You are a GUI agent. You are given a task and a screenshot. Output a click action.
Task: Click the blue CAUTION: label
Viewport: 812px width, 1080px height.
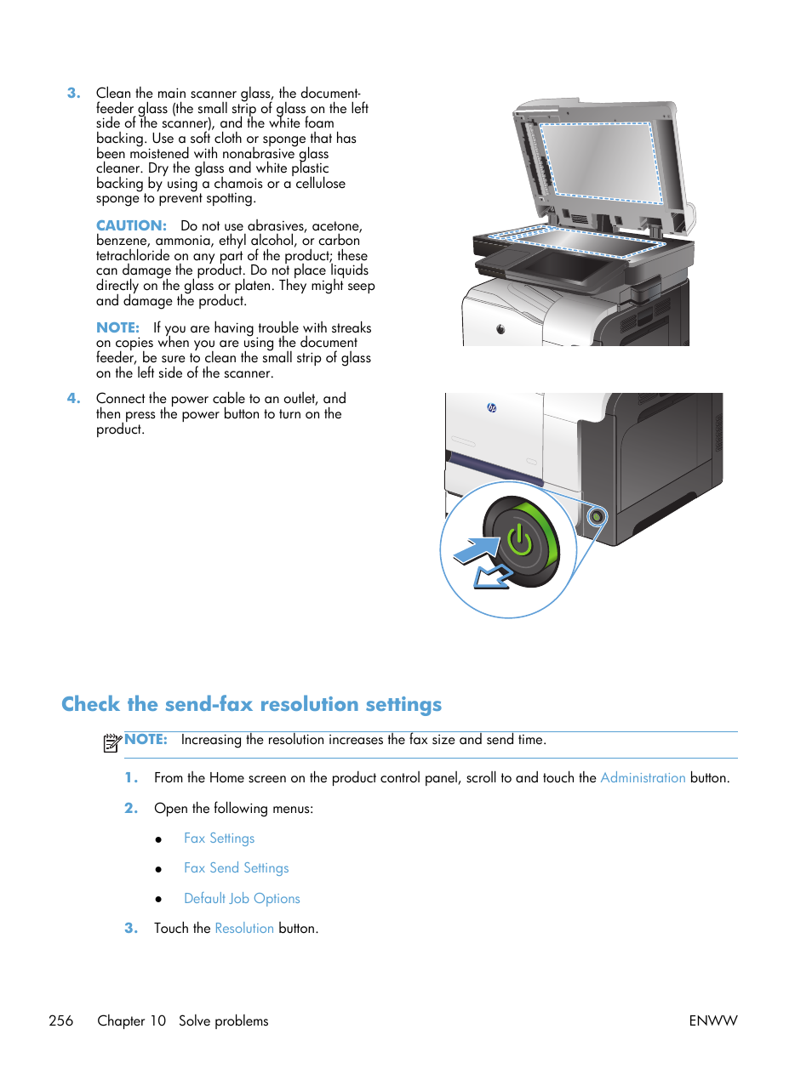coord(131,225)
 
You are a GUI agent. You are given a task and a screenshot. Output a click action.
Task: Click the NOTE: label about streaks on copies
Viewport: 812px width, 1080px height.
coord(117,327)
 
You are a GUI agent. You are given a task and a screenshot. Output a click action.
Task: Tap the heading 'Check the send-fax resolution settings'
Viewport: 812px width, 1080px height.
coord(251,704)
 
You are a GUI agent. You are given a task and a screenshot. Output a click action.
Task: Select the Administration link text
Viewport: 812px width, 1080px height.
coord(643,777)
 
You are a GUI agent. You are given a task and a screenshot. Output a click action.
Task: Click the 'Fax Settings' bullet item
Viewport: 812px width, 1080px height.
coord(219,838)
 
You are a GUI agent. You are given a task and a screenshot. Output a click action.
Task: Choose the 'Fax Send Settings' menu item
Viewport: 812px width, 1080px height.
coord(236,867)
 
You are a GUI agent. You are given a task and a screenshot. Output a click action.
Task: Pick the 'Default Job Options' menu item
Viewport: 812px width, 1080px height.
coord(242,898)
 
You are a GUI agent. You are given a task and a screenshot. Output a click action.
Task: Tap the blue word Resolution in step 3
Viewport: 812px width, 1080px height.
coord(244,928)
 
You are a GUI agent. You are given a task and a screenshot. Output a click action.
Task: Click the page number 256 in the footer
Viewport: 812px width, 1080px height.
coord(61,1020)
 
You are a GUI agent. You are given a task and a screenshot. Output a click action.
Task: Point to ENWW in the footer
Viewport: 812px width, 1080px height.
coord(712,1020)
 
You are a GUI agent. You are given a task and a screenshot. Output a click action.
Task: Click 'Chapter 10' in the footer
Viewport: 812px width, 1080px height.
coord(131,1020)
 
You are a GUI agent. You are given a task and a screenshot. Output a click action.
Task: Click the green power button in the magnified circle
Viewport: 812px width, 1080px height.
coord(520,541)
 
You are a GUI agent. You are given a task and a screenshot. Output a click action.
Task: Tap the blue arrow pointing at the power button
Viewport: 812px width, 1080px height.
coord(477,550)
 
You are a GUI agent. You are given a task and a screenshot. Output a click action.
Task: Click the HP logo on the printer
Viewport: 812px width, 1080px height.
coord(492,407)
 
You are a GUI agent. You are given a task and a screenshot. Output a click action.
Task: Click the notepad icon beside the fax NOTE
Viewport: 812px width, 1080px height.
coord(112,742)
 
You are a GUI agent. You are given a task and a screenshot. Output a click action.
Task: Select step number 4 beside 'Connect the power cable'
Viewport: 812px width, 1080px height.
coord(74,398)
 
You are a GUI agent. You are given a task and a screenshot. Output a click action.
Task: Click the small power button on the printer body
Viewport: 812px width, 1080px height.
coord(597,516)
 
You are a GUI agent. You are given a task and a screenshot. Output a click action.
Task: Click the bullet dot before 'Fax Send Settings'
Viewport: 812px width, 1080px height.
coord(158,869)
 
